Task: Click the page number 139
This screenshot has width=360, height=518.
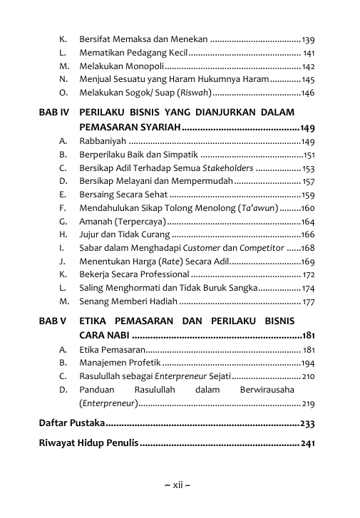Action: [x=309, y=38]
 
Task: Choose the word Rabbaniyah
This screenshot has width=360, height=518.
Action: [x=103, y=142]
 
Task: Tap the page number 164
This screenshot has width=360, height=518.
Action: [x=308, y=222]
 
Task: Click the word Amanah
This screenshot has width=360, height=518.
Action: [x=96, y=222]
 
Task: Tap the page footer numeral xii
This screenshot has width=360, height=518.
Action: [x=178, y=485]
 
